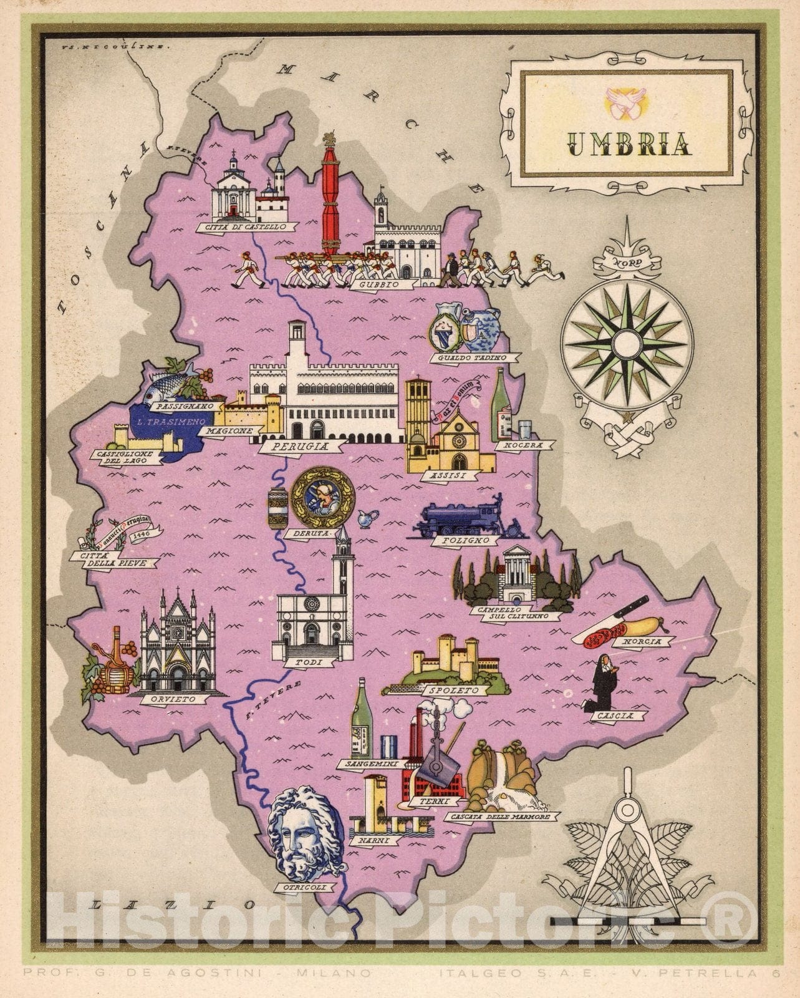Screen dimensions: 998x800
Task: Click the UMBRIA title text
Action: pos(630,144)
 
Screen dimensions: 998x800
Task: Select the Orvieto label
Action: pos(177,699)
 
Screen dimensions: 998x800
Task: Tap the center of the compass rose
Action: pos(626,343)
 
